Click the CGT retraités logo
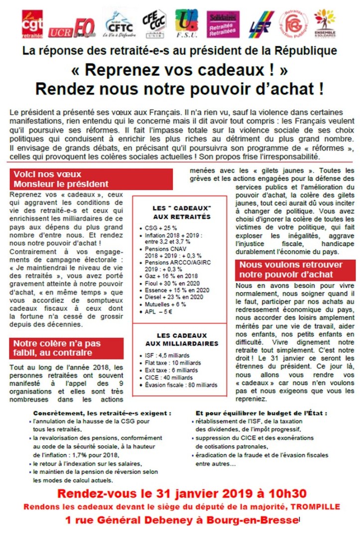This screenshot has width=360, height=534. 32,23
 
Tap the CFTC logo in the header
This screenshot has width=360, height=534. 119,24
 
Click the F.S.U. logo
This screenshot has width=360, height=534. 187,23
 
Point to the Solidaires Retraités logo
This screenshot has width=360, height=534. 223,24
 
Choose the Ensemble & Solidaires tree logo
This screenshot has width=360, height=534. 325,23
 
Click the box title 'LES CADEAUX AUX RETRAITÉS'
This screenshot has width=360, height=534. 181,212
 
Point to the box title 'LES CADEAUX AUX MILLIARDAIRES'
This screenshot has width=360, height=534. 181,339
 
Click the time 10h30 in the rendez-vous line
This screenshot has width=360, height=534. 293,494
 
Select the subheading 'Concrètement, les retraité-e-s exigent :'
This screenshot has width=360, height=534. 102,413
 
